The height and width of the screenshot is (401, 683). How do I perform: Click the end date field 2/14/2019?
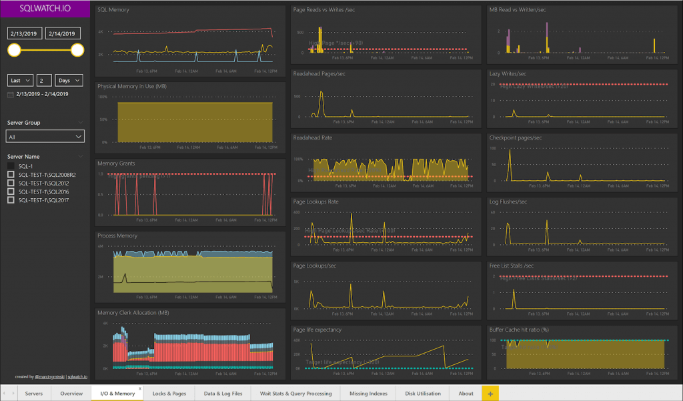[x=63, y=33]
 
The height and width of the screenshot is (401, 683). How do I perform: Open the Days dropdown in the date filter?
[x=69, y=80]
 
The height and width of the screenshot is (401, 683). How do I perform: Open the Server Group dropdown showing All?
[x=45, y=136]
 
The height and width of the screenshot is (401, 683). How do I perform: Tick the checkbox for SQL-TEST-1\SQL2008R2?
[x=11, y=174]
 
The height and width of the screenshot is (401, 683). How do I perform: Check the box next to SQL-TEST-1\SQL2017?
[x=11, y=199]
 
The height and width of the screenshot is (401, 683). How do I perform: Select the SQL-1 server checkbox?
[x=11, y=166]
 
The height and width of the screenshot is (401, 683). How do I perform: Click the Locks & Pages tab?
[x=169, y=393]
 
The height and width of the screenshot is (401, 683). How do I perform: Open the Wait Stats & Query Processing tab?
[x=295, y=393]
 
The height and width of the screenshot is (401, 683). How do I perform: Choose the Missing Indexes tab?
[x=368, y=393]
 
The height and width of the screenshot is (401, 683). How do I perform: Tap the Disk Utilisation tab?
[x=423, y=393]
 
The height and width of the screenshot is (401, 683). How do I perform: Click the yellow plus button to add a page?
[x=490, y=393]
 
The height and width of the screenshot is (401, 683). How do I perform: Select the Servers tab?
[x=34, y=393]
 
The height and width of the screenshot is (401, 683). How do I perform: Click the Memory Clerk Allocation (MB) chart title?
[x=133, y=312]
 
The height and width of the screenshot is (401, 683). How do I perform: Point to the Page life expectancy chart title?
[x=317, y=329]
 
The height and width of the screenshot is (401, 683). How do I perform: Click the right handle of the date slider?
[x=77, y=50]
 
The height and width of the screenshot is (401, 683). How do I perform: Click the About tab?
[x=466, y=393]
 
